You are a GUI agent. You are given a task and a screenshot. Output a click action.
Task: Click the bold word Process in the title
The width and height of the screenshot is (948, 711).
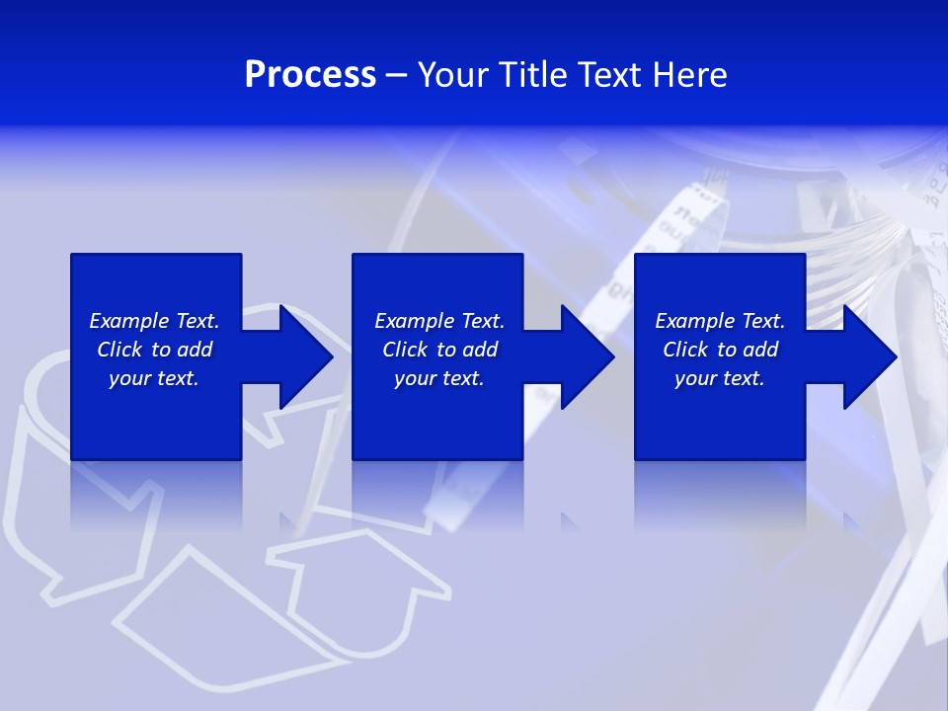[x=310, y=75]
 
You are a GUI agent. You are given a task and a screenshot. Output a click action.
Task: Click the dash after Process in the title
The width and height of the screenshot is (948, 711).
[x=396, y=76]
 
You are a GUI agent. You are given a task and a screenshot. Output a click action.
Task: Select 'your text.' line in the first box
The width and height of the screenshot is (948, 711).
[x=154, y=378]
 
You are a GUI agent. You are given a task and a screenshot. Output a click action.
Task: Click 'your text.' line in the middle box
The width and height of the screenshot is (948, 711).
[x=438, y=378]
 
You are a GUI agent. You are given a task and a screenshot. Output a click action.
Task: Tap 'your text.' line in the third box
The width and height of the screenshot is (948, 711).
[x=719, y=378]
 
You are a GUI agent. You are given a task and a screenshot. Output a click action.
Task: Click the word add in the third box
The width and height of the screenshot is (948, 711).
[x=760, y=350]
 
